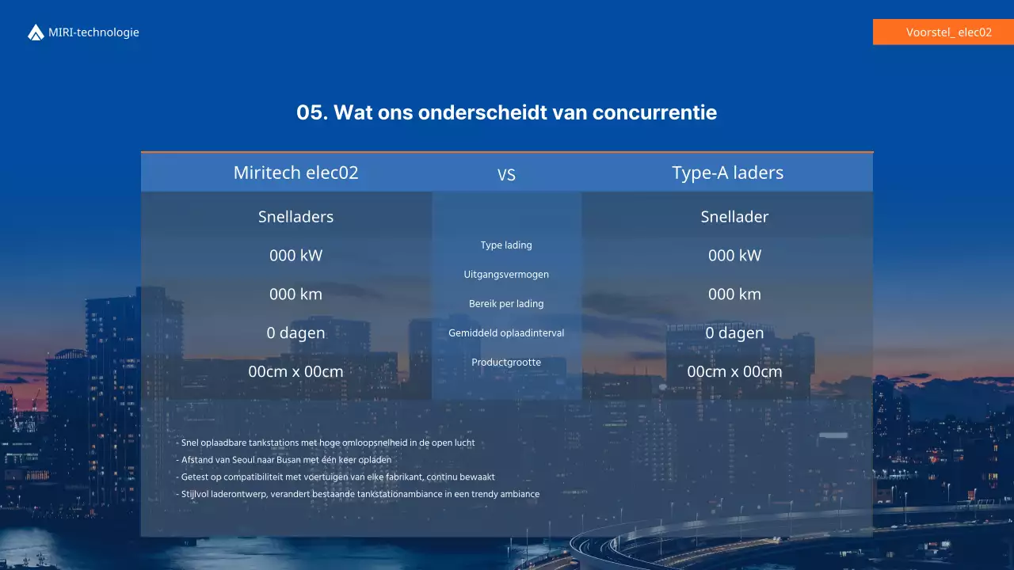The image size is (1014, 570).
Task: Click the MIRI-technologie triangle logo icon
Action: [x=36, y=32]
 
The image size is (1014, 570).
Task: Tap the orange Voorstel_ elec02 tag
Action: [x=943, y=32]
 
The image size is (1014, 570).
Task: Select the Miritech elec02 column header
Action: [x=295, y=173]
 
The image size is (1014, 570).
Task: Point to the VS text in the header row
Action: [x=506, y=175]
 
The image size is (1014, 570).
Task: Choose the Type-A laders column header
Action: [x=727, y=173]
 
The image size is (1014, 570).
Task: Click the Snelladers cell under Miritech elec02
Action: [x=295, y=217]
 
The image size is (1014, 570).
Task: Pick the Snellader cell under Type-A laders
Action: [x=734, y=217]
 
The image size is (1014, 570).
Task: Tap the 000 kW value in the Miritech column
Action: [x=295, y=255]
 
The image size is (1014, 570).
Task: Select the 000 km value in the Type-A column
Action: [x=734, y=294]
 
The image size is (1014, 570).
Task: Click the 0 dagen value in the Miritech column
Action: [x=295, y=332]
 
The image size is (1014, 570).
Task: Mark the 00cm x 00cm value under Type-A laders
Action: [x=734, y=371]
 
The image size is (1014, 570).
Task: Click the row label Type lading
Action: [x=506, y=245]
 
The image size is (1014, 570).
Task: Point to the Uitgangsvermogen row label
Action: [x=506, y=275]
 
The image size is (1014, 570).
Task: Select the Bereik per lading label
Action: [x=506, y=304]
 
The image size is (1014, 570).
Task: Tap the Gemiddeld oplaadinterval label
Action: [x=506, y=333]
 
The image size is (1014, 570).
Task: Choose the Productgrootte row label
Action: [x=506, y=363]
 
